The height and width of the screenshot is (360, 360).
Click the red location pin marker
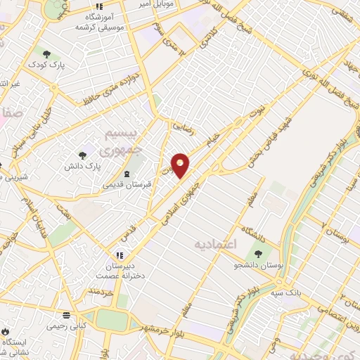181,165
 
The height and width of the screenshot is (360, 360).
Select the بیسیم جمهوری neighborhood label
129,141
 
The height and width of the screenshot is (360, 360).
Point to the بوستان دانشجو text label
260,266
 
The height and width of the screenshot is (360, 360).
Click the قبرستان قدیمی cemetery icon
126,174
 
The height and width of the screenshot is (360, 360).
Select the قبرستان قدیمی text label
123,185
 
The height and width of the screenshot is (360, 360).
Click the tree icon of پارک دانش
84,155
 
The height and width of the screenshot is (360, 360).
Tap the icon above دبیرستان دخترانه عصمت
119,254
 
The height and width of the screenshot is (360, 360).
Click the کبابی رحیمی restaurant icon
65,315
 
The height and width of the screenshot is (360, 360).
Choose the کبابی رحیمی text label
65,326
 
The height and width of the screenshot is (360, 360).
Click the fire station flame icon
6,329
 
